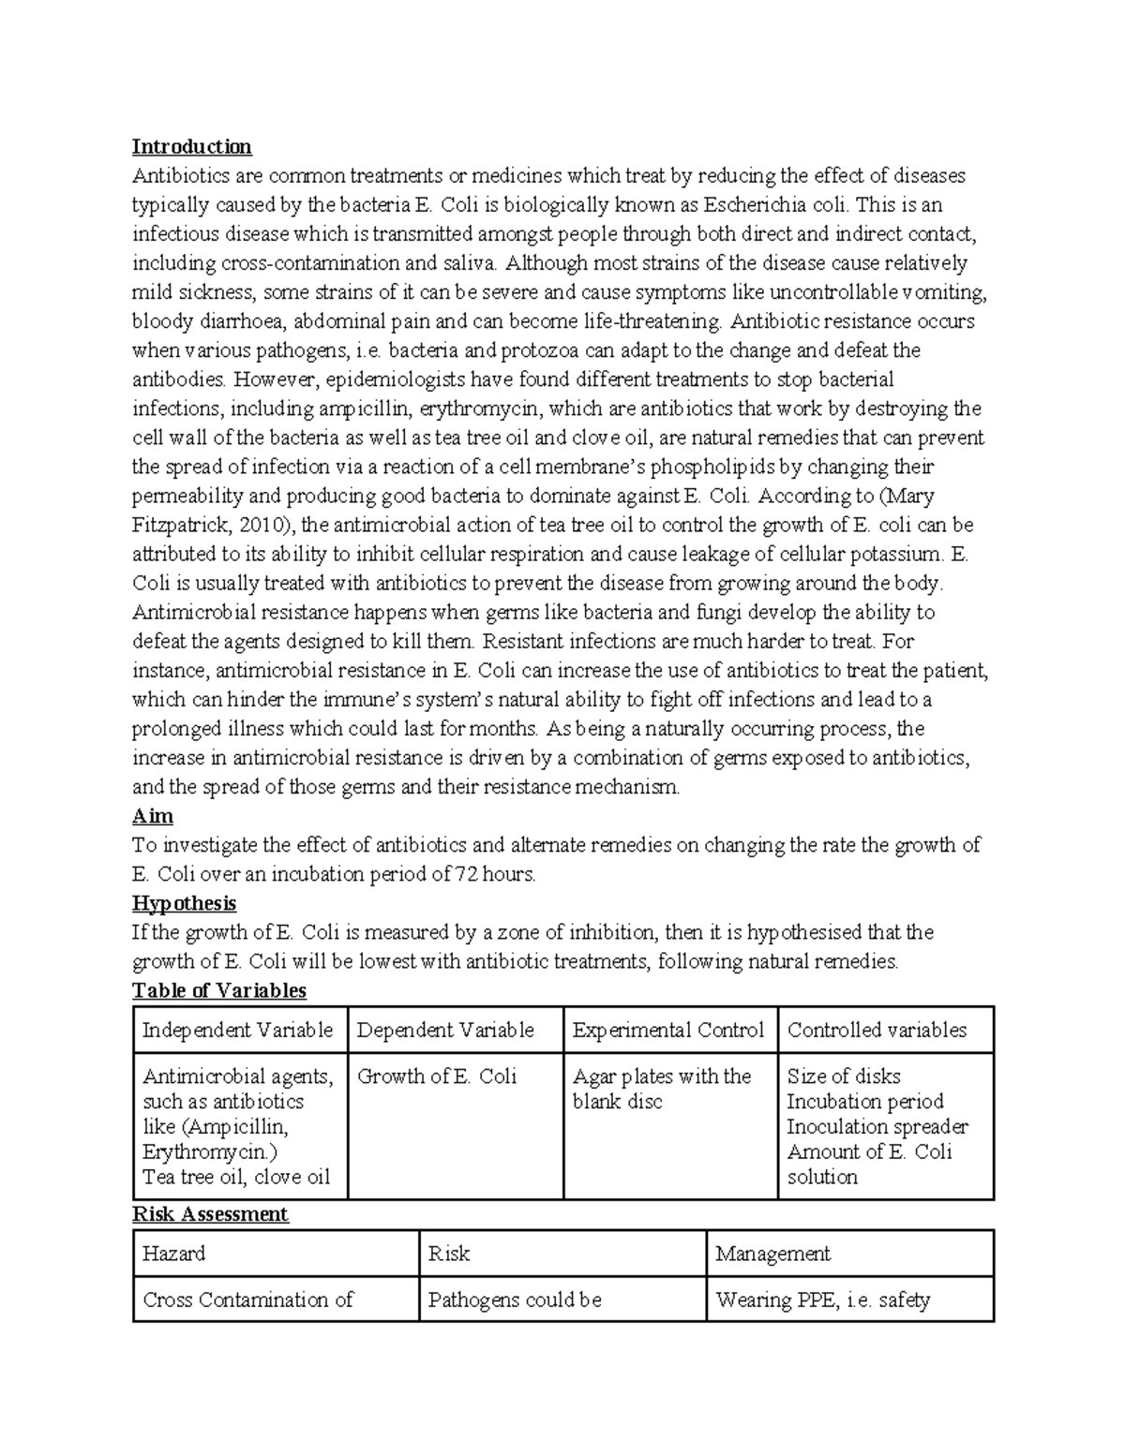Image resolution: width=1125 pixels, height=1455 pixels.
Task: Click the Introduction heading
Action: pos(191,146)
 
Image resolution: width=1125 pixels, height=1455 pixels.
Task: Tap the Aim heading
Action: pos(153,816)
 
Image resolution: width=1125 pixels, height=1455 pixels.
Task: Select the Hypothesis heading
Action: pos(184,903)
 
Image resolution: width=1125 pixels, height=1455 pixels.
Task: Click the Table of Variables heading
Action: pos(219,990)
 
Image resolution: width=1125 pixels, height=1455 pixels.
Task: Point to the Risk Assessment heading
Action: pos(210,1214)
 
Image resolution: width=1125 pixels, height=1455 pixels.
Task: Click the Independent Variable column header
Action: pos(237,1031)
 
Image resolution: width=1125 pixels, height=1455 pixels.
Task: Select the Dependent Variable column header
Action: pos(445,1031)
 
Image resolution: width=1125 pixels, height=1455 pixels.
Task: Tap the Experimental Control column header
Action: pos(668,1031)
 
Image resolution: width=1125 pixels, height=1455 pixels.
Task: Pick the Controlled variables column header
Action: pos(877,1031)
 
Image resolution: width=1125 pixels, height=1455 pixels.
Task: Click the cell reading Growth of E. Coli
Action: pos(437,1076)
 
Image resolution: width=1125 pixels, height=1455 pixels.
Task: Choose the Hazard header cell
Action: pos(173,1254)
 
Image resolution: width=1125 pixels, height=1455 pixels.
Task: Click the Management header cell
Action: pos(772,1254)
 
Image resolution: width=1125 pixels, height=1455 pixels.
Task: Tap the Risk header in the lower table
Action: pos(448,1254)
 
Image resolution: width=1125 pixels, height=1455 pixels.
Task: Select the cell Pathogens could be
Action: pos(514,1299)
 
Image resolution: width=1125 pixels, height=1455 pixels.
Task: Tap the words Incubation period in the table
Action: pos(864,1102)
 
